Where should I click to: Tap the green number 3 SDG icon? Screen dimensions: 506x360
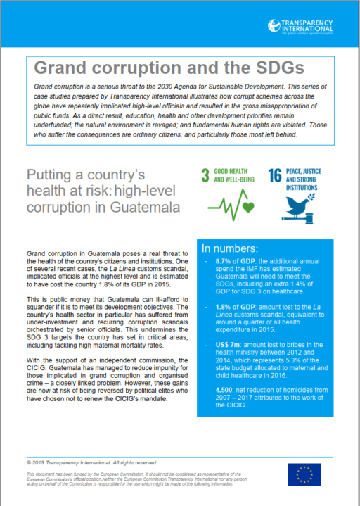(x=205, y=177)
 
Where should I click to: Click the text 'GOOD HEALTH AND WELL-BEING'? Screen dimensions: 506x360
(x=235, y=176)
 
